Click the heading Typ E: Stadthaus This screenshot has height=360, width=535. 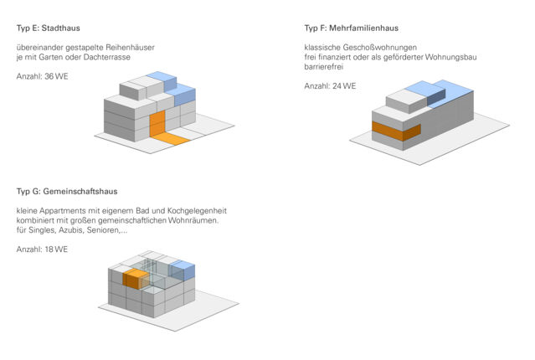[x=48, y=28]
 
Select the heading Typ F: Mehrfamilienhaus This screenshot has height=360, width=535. [x=351, y=28]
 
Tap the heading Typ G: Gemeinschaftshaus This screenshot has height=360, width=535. [x=67, y=191]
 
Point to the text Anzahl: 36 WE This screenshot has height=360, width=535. [x=43, y=76]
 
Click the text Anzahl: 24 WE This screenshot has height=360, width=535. [x=330, y=85]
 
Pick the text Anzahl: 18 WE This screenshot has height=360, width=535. [x=43, y=249]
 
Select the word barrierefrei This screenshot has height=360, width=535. [x=324, y=66]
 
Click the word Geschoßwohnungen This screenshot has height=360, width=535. [x=380, y=48]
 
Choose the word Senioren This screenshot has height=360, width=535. [x=107, y=230]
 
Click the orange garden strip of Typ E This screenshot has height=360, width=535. [x=170, y=138]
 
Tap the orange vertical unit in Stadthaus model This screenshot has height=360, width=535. [x=157, y=123]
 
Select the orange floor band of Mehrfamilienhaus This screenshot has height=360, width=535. [x=396, y=131]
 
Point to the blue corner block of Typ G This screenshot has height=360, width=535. [x=183, y=270]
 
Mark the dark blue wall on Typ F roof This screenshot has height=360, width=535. [x=436, y=96]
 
